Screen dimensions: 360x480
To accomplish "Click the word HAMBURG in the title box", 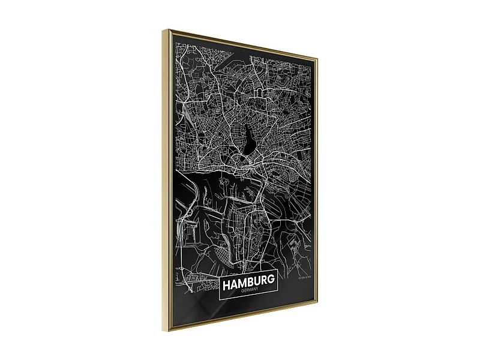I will (x=248, y=281).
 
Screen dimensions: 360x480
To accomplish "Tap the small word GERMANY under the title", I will (x=248, y=291).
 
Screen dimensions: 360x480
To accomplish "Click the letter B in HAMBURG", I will (x=249, y=281).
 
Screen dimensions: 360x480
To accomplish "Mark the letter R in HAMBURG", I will (x=263, y=280).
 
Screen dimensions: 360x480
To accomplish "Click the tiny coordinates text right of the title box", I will (x=306, y=277).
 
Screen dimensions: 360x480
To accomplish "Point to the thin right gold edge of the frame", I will (x=317, y=180).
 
